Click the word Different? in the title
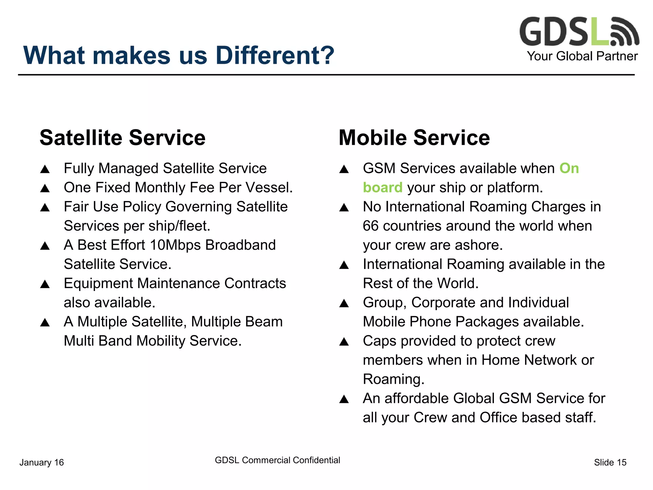click(275, 56)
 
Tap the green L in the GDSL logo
click(599, 32)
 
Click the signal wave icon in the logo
click(625, 32)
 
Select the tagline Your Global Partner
click(582, 56)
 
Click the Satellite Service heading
click(122, 138)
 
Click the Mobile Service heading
click(414, 138)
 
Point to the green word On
click(569, 168)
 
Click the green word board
click(383, 188)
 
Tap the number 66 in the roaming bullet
click(371, 226)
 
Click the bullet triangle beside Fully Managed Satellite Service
click(45, 169)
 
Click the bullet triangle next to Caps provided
click(344, 342)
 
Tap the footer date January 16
click(41, 462)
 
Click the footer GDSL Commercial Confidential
click(277, 460)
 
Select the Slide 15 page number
click(610, 462)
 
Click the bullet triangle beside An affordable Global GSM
click(344, 399)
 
